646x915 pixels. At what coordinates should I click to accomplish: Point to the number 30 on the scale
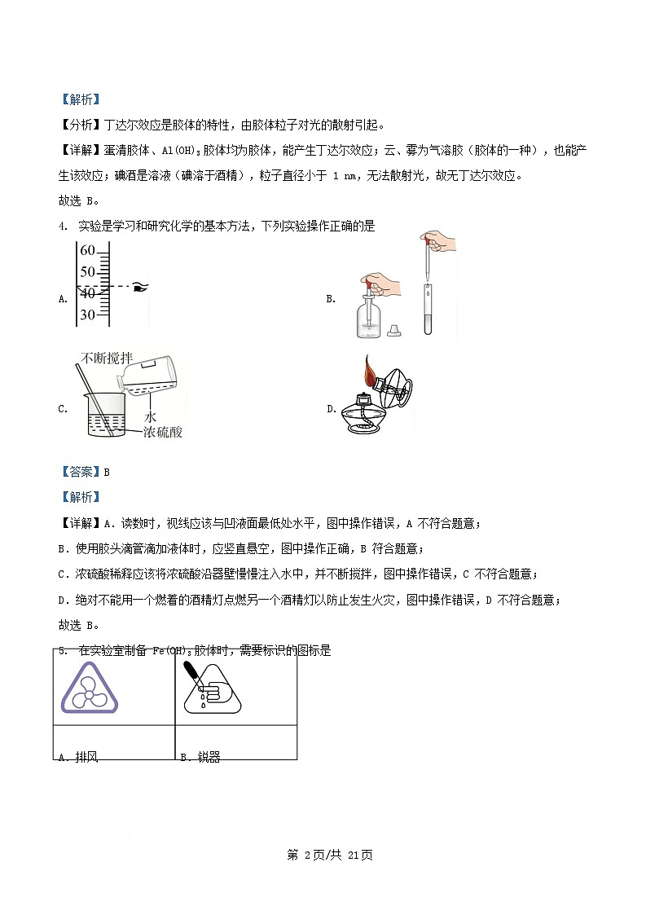(x=87, y=315)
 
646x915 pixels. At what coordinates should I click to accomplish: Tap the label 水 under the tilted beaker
(x=150, y=415)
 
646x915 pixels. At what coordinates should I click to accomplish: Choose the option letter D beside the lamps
(x=332, y=409)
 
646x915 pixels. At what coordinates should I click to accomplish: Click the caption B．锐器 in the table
(x=200, y=757)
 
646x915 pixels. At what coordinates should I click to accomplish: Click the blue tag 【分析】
(x=81, y=125)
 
